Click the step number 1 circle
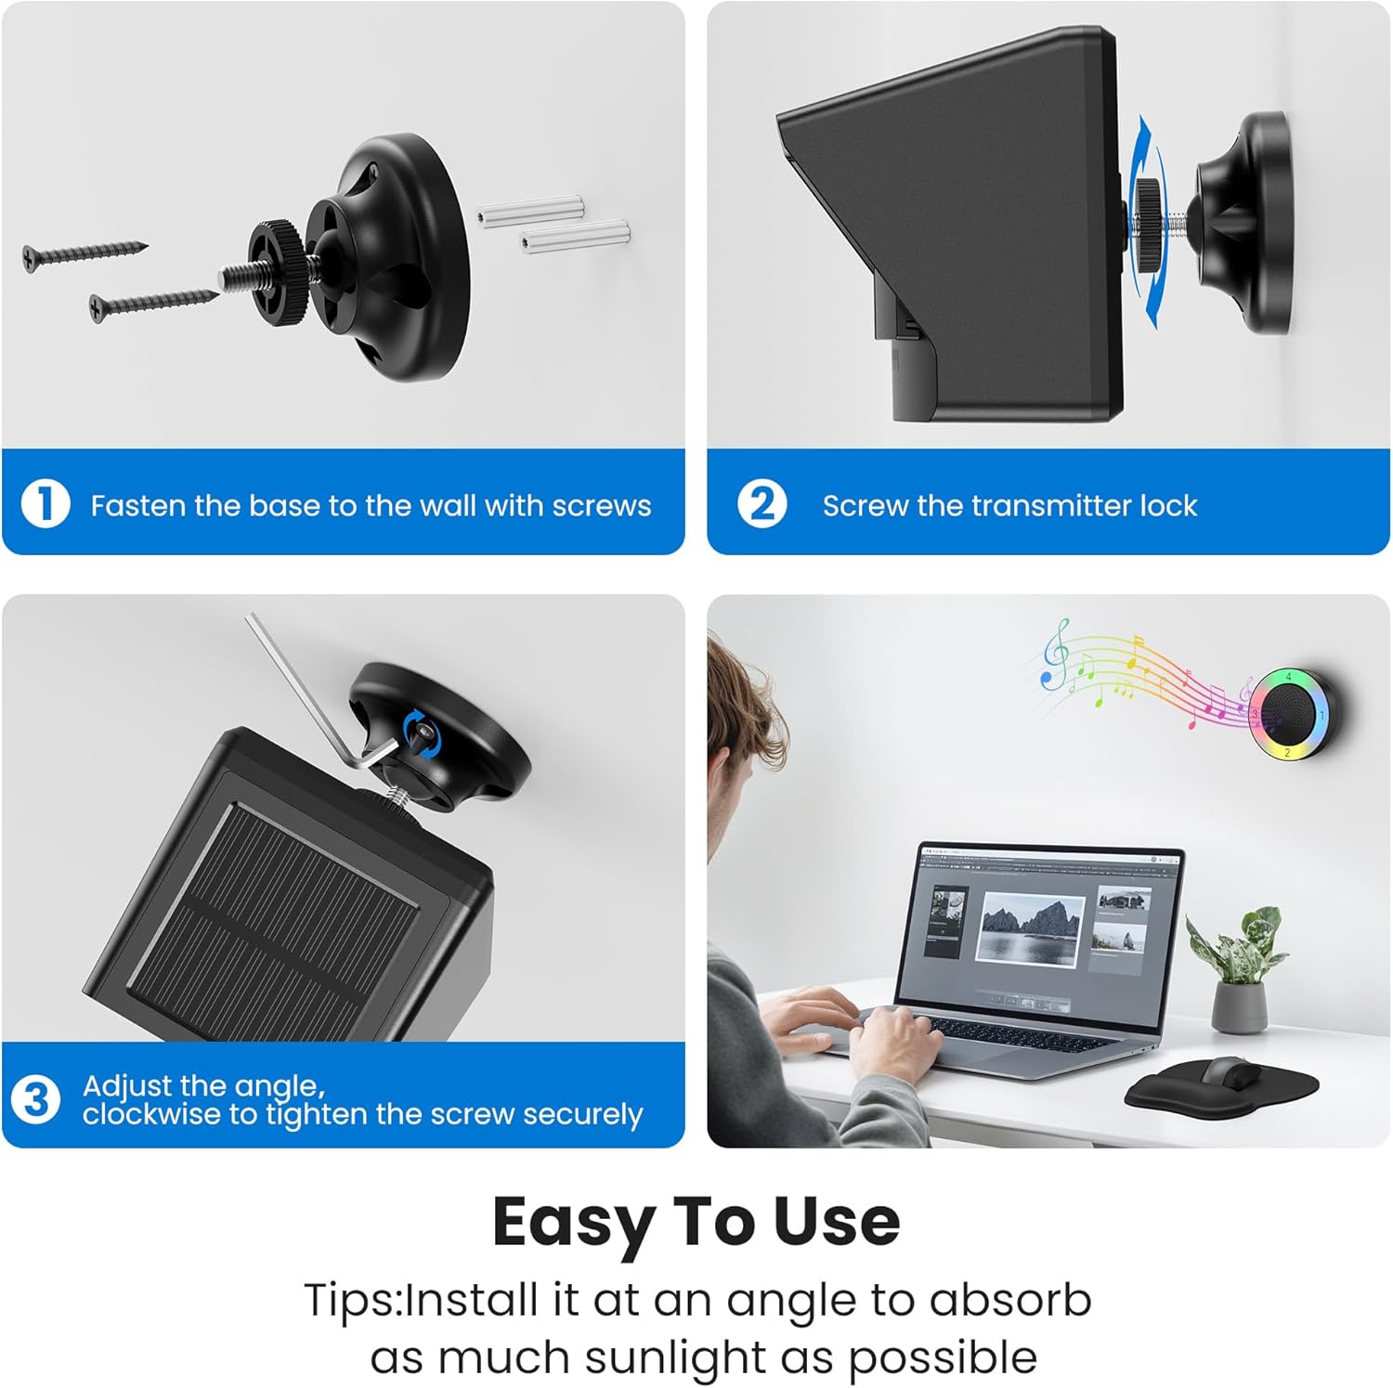tap(46, 504)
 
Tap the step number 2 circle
tap(762, 504)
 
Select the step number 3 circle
tap(35, 1099)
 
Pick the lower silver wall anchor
tap(575, 237)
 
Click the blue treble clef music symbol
tap(1054, 655)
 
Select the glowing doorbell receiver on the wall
tap(1292, 713)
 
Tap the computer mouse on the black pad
tap(1230, 1073)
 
